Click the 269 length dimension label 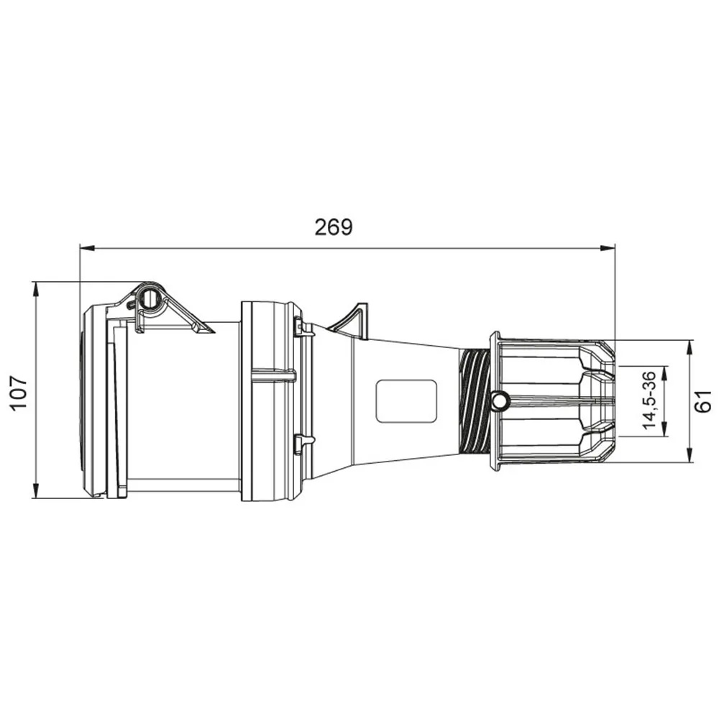coord(334,227)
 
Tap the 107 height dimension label coord(19,393)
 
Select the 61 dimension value coord(703,400)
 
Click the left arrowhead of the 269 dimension coord(87,248)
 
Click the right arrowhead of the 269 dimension coord(608,248)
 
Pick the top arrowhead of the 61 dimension coord(690,347)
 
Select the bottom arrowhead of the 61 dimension coord(690,454)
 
